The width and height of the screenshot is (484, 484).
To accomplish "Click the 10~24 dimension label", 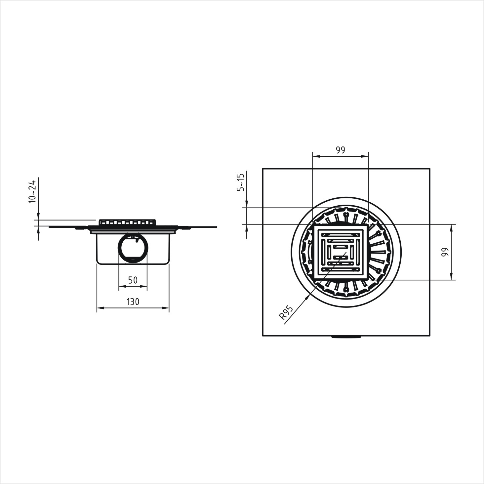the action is coord(32,191).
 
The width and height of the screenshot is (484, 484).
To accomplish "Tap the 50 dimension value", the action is coord(133,280).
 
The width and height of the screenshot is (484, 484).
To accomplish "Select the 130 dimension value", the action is coord(133,302).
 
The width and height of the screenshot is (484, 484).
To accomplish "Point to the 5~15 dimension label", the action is coord(240,182).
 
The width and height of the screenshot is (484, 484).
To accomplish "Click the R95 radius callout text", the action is coord(286,313).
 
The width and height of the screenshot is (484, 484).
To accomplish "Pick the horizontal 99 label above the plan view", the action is coord(340,150).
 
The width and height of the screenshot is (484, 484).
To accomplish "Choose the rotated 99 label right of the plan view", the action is coord(445,252).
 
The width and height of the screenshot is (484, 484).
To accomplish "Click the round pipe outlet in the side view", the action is coord(133,249).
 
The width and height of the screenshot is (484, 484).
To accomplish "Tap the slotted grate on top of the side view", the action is coord(128,222).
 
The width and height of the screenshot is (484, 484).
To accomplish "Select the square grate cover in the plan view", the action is coord(341,252).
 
